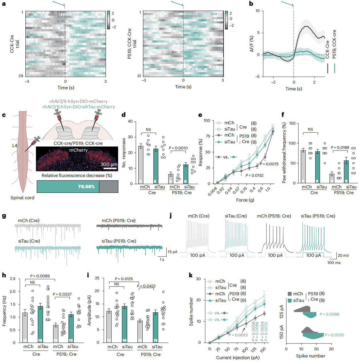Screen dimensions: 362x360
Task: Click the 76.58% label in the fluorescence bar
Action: tap(86, 187)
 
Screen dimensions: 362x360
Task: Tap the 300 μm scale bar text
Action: tap(109, 164)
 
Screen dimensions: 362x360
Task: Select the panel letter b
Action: tap(251, 4)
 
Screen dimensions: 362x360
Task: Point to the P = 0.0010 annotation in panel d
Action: tap(178, 148)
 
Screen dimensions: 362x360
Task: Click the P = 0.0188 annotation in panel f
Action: tap(340, 148)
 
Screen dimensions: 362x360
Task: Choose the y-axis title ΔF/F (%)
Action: tap(252, 44)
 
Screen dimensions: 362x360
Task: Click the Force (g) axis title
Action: tap(245, 200)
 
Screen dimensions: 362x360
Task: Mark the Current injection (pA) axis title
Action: tap(238, 357)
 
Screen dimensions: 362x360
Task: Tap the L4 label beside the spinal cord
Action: tap(15, 146)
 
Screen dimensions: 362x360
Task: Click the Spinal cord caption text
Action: tap(22, 198)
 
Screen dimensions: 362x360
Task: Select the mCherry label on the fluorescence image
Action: tap(78, 150)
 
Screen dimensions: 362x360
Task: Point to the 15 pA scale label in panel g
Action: tap(172, 252)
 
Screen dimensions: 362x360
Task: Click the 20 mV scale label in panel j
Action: tap(343, 256)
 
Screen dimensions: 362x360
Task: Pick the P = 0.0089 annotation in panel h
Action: tap(40, 276)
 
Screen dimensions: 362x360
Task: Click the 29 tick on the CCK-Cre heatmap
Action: tap(21, 76)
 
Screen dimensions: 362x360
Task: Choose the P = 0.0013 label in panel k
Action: tap(238, 335)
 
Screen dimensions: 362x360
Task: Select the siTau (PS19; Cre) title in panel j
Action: tap(318, 216)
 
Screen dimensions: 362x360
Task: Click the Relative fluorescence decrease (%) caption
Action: tap(77, 176)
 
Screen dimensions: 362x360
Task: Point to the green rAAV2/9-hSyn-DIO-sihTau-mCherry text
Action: tap(79, 107)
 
